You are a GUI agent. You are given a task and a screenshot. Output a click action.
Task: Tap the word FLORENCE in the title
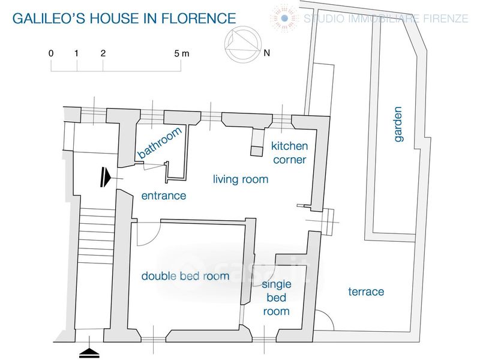[x=199, y=19]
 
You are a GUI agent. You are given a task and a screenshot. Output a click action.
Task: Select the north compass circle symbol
[x=243, y=44]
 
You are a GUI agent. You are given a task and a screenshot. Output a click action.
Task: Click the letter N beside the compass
[x=267, y=53]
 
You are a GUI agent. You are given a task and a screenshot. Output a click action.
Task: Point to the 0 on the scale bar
[x=51, y=53]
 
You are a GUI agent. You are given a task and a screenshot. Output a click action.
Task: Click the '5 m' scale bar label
[x=182, y=53]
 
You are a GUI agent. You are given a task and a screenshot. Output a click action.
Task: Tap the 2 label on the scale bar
[x=103, y=53]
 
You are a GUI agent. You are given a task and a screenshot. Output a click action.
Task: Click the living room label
[x=241, y=179]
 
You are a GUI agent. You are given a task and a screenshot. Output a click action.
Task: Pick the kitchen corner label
[x=290, y=153]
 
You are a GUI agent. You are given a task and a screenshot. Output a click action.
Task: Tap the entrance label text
[x=164, y=196]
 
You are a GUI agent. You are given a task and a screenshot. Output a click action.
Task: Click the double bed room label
[x=185, y=276]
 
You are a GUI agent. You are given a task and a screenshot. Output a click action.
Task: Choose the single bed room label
[x=277, y=298]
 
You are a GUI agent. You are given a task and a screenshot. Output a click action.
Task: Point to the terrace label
[x=366, y=292]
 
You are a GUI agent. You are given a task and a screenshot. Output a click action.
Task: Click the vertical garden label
[x=397, y=124]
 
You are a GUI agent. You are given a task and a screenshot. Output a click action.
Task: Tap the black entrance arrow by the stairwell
[x=106, y=177]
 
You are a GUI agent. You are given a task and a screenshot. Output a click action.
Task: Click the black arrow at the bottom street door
[x=89, y=353]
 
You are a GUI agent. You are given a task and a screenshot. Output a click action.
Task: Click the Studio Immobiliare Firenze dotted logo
[x=284, y=18]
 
